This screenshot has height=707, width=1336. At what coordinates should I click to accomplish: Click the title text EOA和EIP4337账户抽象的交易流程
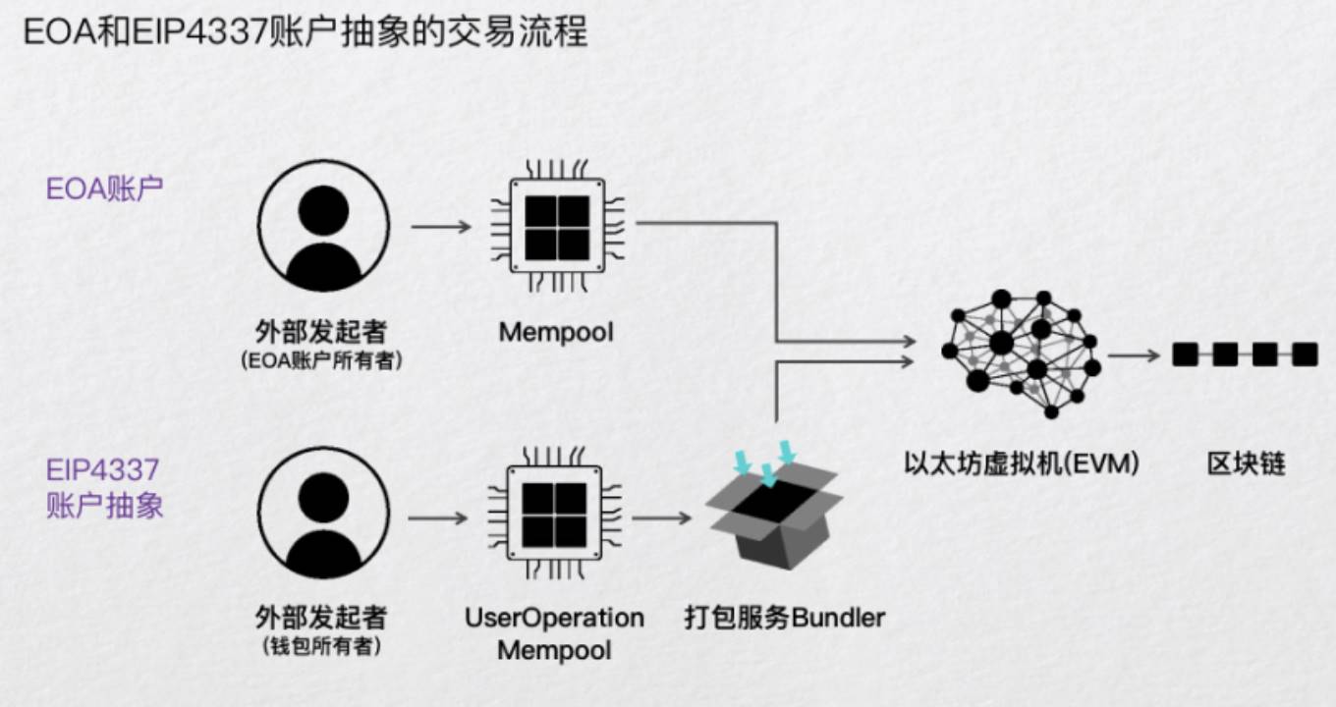[305, 32]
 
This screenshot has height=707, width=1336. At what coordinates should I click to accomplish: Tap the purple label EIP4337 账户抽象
[104, 488]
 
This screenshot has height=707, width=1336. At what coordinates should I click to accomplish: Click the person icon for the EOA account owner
[323, 227]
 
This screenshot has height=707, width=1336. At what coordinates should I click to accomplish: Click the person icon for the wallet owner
[323, 513]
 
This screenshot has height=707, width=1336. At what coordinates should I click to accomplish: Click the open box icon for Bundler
[774, 518]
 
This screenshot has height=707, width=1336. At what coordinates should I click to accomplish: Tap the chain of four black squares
[1245, 353]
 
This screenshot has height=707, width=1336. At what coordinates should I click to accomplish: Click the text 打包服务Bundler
[784, 618]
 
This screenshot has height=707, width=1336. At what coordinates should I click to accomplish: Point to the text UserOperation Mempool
[554, 633]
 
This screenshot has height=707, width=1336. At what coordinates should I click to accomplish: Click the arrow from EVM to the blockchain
[1134, 354]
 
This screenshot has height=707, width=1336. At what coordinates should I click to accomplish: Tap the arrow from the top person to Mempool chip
[441, 227]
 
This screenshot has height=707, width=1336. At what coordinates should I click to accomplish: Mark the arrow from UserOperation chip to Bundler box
[662, 517]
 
